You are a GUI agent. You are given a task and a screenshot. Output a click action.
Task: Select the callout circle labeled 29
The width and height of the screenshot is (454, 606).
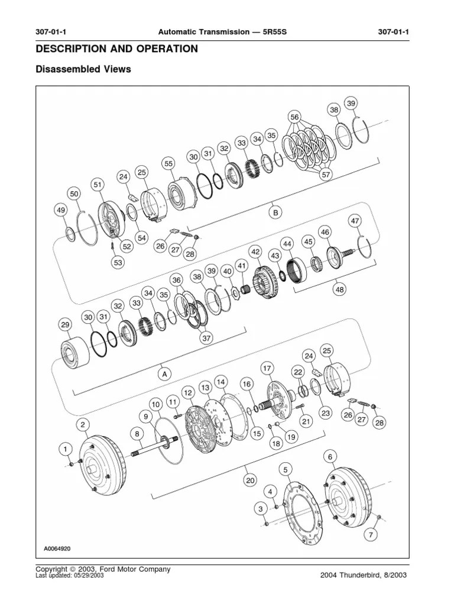pyautogui.click(x=65, y=325)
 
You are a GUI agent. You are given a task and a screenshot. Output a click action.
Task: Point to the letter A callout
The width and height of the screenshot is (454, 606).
pyautogui.click(x=164, y=373)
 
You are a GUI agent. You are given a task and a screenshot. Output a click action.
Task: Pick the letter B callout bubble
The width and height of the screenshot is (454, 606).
pyautogui.click(x=275, y=212)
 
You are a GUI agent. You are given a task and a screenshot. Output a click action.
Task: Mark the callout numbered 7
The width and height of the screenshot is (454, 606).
pyautogui.click(x=371, y=535)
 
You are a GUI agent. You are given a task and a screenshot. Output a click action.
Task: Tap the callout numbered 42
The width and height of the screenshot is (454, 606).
pyautogui.click(x=255, y=252)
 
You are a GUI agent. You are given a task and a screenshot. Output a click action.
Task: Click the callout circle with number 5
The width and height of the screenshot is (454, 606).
pyautogui.click(x=286, y=469)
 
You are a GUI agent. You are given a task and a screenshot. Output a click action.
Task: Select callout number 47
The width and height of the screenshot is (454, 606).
pyautogui.click(x=355, y=221)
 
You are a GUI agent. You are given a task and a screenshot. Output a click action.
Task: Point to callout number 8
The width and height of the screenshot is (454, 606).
pyautogui.click(x=138, y=434)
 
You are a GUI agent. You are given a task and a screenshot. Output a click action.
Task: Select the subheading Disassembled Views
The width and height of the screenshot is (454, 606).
pyautogui.click(x=83, y=69)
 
